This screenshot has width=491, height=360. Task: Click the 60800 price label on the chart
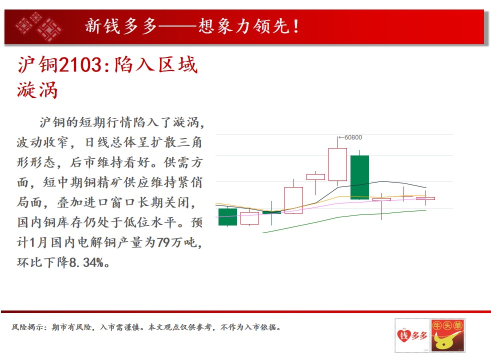click(x=353, y=137)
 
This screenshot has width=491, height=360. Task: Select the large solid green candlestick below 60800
click(x=360, y=177)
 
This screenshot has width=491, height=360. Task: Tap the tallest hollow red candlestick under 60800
click(x=337, y=164)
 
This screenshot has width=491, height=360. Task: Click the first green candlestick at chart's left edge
click(x=227, y=216)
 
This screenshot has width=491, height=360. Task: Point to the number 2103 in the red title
click(x=80, y=65)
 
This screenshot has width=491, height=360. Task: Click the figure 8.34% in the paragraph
click(x=86, y=262)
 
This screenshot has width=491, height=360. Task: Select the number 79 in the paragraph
click(x=163, y=242)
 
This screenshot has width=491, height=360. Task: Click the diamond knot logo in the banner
click(x=38, y=26)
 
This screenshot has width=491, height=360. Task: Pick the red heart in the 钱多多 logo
click(x=404, y=335)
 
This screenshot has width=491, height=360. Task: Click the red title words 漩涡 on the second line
click(x=37, y=90)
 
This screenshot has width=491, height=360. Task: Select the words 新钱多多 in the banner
click(x=121, y=26)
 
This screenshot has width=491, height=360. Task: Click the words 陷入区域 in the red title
click(x=156, y=65)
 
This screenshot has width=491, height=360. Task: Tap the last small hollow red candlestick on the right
click(x=425, y=198)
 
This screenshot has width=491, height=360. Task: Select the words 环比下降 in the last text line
click(x=43, y=262)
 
